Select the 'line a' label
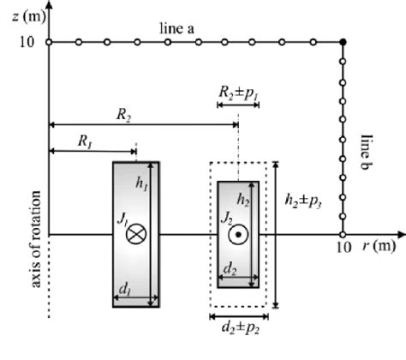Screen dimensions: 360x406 click(178, 30)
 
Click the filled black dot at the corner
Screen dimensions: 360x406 click(343, 42)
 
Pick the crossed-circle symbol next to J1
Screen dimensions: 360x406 click(136, 234)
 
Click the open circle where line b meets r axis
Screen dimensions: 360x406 click(343, 234)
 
